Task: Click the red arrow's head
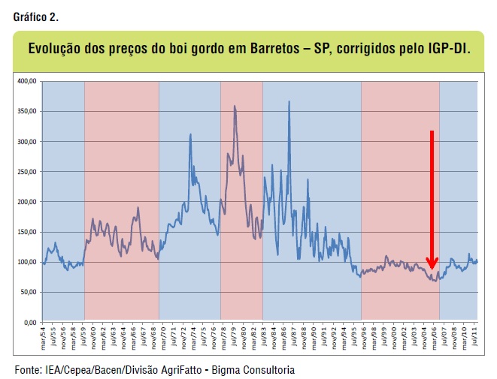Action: pyautogui.click(x=432, y=263)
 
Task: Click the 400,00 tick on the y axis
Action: pyautogui.click(x=26, y=81)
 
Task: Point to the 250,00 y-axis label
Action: pyautogui.click(x=26, y=172)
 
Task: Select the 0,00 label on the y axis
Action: pyautogui.click(x=30, y=323)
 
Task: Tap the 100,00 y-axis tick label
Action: pyautogui.click(x=26, y=262)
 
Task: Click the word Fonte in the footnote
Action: pyautogui.click(x=29, y=370)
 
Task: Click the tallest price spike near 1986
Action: pyautogui.click(x=289, y=102)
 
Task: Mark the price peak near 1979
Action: pyautogui.click(x=235, y=107)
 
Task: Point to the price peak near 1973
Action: pyautogui.click(x=190, y=135)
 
